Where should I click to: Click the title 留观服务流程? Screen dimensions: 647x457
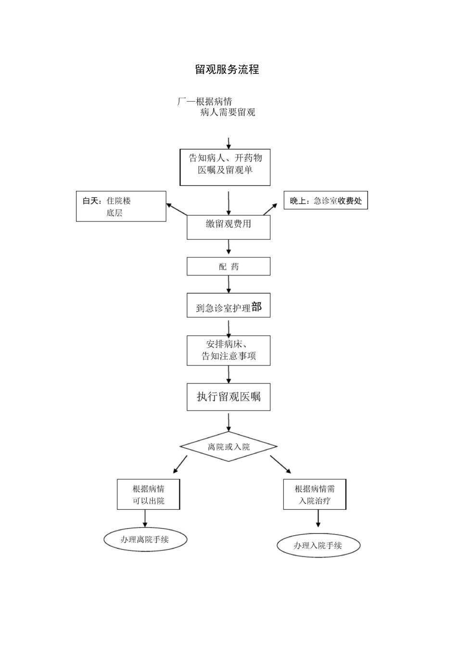pyautogui.click(x=227, y=70)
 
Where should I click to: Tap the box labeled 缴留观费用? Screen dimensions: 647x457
pyautogui.click(x=228, y=227)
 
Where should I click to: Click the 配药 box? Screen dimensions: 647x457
pyautogui.click(x=228, y=266)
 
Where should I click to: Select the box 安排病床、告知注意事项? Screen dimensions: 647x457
pyautogui.click(x=228, y=350)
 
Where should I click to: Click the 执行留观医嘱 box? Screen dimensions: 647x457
pyautogui.click(x=228, y=397)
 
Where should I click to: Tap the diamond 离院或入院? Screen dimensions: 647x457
pyautogui.click(x=228, y=447)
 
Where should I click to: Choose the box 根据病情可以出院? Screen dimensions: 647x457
pyautogui.click(x=148, y=494)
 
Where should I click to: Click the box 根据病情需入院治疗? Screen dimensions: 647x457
pyautogui.click(x=315, y=494)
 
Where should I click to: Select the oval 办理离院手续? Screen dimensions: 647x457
pyautogui.click(x=145, y=540)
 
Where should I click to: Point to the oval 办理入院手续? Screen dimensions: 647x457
pyautogui.click(x=318, y=545)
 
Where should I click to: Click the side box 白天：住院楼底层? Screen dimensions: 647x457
pyautogui.click(x=121, y=207)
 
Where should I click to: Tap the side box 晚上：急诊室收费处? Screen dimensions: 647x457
pyautogui.click(x=326, y=201)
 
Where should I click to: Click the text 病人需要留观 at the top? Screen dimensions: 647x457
pyautogui.click(x=228, y=113)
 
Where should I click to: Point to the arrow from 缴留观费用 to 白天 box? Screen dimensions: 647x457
pyautogui.click(x=177, y=209)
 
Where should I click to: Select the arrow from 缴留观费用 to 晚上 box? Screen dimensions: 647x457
pyautogui.click(x=270, y=209)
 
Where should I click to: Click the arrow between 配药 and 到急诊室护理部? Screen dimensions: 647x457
pyautogui.click(x=228, y=284)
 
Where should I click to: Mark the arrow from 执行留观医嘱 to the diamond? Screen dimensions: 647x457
pyautogui.click(x=228, y=422)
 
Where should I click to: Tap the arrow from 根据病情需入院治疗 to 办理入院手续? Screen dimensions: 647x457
pyautogui.click(x=318, y=519)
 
